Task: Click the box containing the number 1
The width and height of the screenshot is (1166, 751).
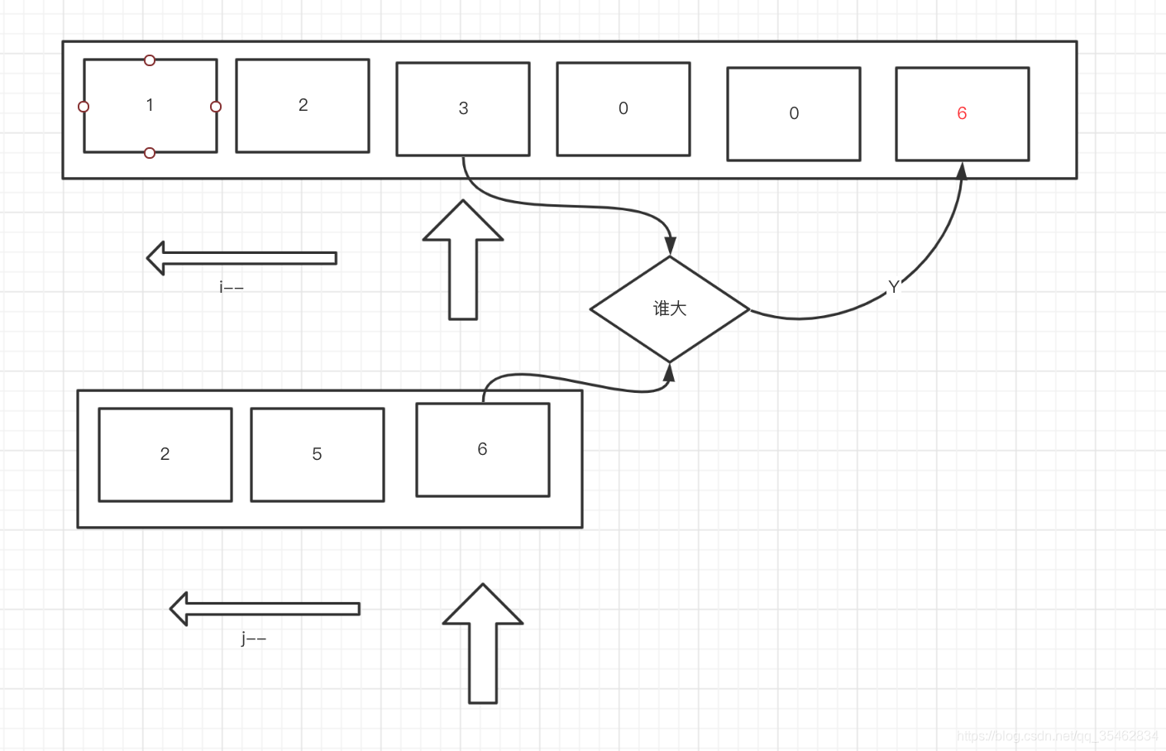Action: point(150,105)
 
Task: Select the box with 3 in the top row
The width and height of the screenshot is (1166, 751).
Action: point(463,108)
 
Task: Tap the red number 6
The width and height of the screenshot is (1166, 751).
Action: point(962,113)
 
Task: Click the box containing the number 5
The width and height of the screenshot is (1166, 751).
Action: point(317,454)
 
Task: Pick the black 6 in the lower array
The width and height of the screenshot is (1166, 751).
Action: point(482,449)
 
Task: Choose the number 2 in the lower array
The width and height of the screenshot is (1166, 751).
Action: point(165,454)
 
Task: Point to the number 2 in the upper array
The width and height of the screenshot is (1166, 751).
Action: point(303,105)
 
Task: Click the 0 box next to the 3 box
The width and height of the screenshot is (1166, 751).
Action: point(623,108)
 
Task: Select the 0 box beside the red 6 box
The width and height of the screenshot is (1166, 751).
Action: point(793,113)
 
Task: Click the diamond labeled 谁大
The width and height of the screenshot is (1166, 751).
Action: point(670,309)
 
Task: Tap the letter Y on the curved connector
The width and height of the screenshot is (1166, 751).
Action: point(893,287)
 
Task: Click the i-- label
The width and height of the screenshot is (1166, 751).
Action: point(232,287)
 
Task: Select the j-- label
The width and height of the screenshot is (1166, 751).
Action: point(254,638)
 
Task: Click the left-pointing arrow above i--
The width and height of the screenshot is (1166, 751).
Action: point(241,258)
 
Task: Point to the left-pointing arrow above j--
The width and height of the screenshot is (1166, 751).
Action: point(264,609)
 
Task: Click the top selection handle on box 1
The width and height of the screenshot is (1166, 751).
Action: point(150,60)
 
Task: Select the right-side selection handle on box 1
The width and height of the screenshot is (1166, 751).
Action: point(216,107)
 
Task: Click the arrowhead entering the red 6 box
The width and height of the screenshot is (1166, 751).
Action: point(962,170)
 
